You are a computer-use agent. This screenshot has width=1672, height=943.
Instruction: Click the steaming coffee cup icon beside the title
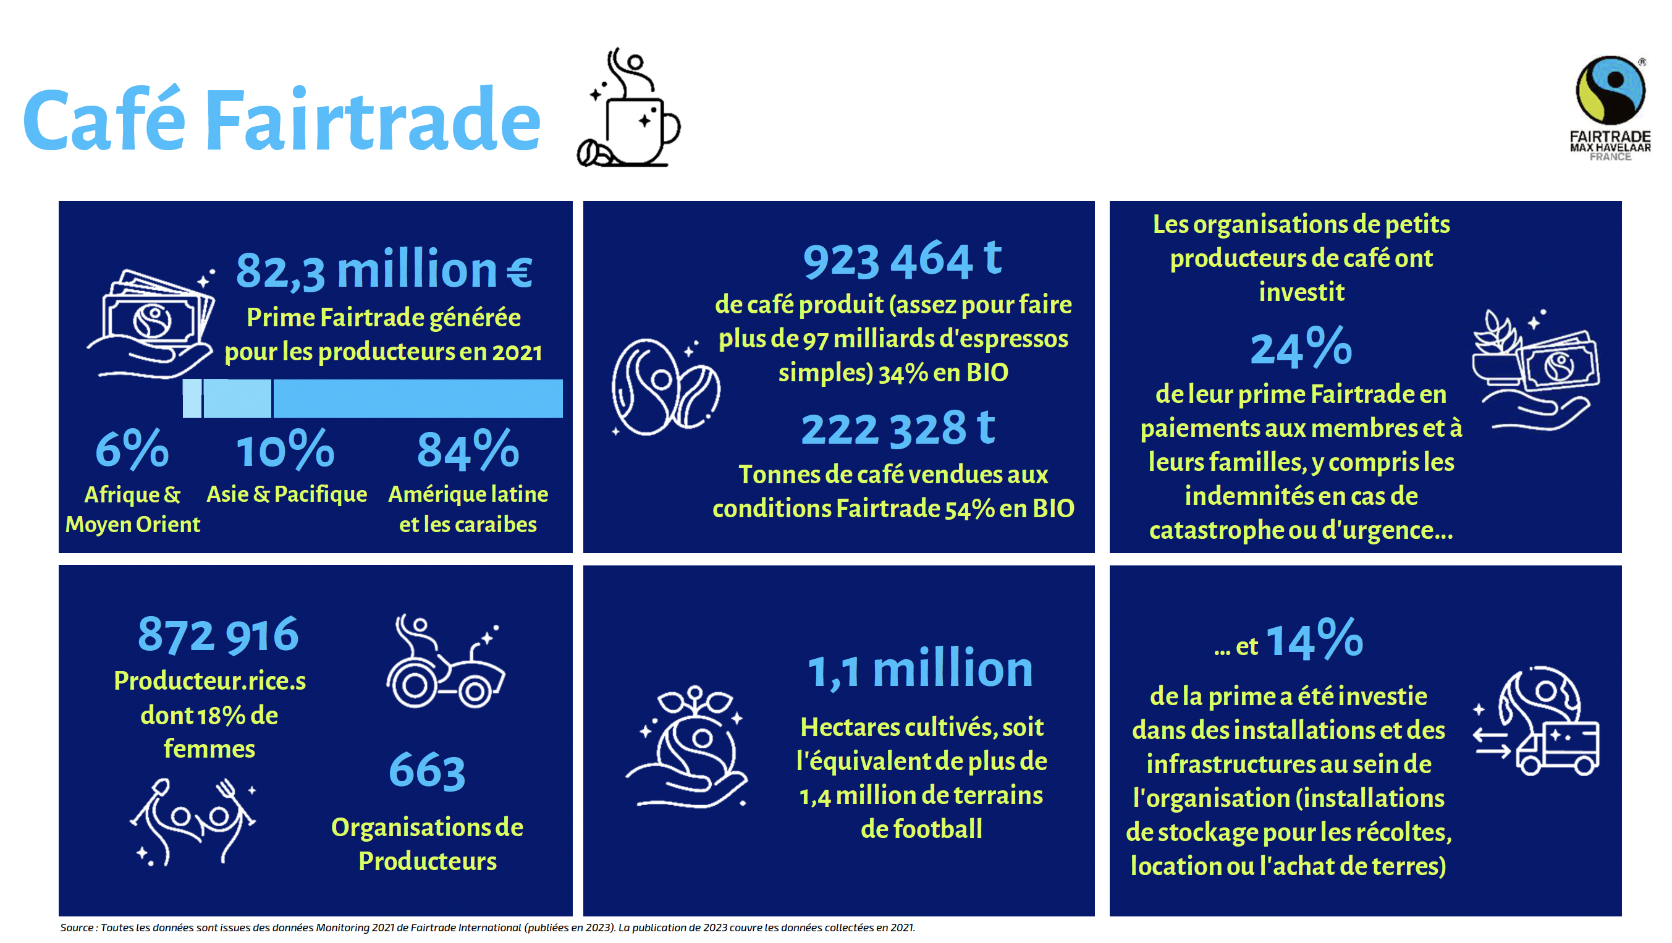coord(628,107)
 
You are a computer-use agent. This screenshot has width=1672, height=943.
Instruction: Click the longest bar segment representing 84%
coord(418,398)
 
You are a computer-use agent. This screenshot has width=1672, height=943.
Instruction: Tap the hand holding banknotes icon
coord(151,323)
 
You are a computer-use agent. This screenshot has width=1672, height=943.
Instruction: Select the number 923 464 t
coord(902,260)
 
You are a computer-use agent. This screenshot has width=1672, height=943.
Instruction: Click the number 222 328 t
coord(898,428)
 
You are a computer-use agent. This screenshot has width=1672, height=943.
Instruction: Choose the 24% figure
coord(1301,347)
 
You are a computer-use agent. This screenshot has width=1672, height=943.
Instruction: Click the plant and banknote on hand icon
coord(1535,370)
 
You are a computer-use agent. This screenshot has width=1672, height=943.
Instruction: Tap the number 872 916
coord(218,635)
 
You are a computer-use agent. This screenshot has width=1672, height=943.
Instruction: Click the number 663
coord(427,771)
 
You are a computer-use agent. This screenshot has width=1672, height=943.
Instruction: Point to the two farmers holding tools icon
coord(193,822)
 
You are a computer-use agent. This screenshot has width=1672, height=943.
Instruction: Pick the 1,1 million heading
coord(920,669)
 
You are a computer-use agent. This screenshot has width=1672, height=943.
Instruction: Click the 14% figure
coord(1314,639)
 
